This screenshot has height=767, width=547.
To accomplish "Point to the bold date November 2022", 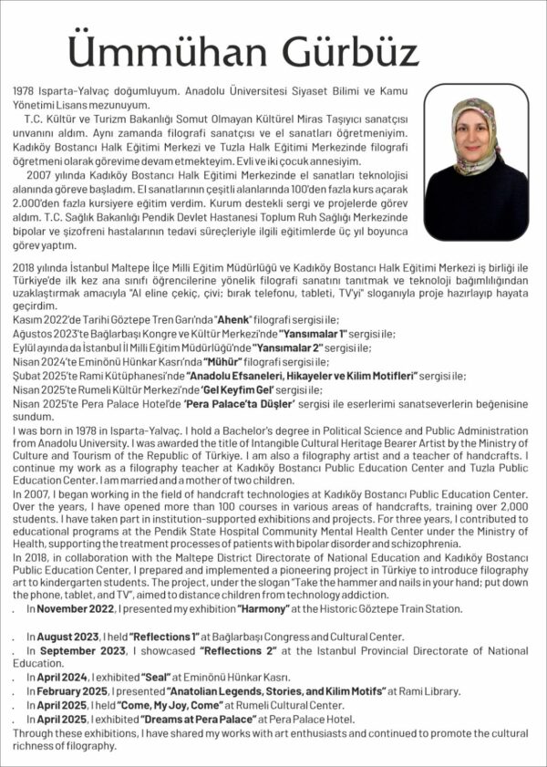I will point(78,608).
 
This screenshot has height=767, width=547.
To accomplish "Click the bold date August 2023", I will point(71,637).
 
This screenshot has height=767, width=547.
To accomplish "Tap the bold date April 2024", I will point(66,678).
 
